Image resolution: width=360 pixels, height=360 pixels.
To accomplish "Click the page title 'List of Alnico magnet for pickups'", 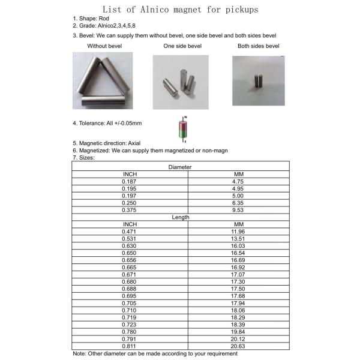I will click(179, 10).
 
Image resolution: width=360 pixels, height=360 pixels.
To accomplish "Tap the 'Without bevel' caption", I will click(106, 46).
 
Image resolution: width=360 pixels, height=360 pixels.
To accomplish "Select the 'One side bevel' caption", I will click(181, 46).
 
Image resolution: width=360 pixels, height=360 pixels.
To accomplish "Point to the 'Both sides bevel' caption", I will click(259, 46).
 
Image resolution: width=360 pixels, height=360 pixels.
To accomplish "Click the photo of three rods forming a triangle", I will click(102, 81).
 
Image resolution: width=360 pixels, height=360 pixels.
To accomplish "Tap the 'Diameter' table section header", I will click(180, 167).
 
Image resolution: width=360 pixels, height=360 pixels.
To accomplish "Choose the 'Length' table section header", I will click(180, 217).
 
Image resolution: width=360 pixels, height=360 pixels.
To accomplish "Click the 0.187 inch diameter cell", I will click(130, 181).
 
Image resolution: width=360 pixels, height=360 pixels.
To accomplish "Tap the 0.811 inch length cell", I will click(130, 346).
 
